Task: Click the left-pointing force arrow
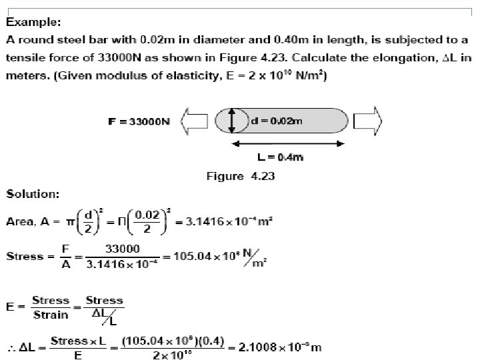(x=195, y=121)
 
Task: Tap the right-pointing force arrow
(x=368, y=121)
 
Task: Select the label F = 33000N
(x=139, y=122)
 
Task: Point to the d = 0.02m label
(x=276, y=121)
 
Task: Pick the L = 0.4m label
(x=280, y=157)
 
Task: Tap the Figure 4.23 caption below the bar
(x=241, y=177)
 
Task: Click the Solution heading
(x=33, y=194)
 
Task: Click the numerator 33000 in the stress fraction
(x=123, y=248)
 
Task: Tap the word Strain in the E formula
(x=50, y=315)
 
